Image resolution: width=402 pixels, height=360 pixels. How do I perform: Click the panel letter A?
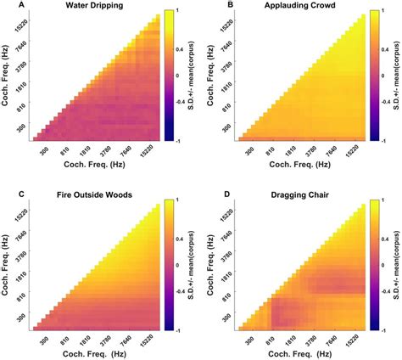coord(8,6)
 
